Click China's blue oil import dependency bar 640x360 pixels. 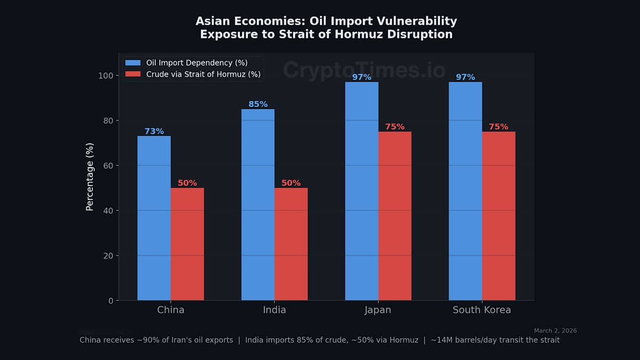coord(154,219)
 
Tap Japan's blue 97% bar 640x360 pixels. coord(362,192)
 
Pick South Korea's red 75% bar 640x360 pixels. coord(499,216)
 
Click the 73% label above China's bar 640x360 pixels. coord(154,131)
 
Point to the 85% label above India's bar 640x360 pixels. coord(258,104)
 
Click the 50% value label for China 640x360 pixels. coord(187,183)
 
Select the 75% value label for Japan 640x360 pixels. coord(395,127)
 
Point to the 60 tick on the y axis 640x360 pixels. coord(107,165)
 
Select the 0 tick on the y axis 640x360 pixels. coord(110,301)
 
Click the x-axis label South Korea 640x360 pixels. coord(482,310)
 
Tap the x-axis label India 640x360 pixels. coord(275,310)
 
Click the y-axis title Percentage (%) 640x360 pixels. coord(90,177)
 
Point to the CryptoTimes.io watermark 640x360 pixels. coord(364,70)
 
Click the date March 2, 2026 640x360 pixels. coord(555,331)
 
